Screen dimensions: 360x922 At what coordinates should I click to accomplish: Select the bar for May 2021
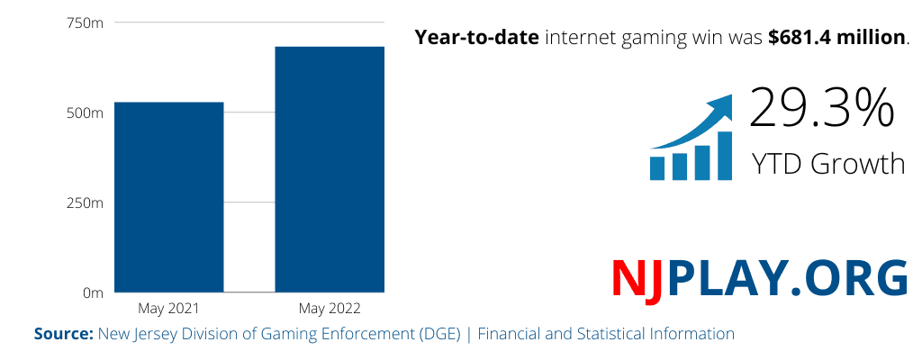(168, 197)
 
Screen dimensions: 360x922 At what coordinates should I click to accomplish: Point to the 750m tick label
(85, 23)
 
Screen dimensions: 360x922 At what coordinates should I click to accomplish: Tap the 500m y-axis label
(85, 113)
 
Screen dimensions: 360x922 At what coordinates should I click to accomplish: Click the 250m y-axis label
(85, 203)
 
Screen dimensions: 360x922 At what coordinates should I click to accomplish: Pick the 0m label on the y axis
(93, 293)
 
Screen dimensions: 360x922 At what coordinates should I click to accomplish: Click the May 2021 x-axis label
(168, 309)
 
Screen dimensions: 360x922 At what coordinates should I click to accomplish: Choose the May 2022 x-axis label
(330, 309)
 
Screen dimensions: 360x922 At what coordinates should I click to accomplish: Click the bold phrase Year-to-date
(476, 38)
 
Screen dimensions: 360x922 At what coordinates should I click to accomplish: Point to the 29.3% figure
(821, 108)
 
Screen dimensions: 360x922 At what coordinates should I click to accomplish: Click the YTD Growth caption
(827, 164)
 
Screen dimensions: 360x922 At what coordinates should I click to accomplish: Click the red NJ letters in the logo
(637, 278)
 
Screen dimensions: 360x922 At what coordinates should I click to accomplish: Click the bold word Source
(63, 334)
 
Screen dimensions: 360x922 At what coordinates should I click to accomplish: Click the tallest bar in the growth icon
(724, 155)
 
